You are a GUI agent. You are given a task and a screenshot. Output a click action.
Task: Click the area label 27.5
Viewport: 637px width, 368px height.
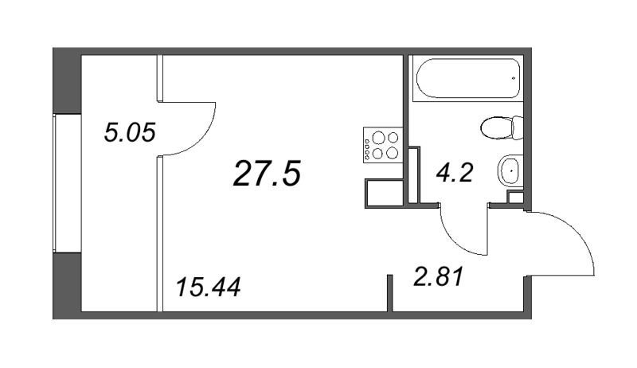pos(267,173)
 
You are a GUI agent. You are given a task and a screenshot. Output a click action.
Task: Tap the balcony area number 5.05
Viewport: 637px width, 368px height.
pos(130,133)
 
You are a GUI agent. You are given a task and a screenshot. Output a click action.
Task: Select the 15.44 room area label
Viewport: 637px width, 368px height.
pos(209,287)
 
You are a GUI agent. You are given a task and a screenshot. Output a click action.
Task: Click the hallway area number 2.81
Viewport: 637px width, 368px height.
pos(439,277)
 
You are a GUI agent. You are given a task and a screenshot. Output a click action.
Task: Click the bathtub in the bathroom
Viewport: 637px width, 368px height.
pos(468,78)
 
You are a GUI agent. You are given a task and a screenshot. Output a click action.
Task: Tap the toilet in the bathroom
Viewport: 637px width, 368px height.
pos(502,127)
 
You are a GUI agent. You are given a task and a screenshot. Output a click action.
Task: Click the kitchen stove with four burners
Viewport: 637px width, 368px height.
pos(383,145)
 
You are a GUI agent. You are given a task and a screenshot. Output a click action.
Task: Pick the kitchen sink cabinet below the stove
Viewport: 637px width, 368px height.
pos(385,194)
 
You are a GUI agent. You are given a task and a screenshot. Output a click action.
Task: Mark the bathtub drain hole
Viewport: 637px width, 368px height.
pos(514,78)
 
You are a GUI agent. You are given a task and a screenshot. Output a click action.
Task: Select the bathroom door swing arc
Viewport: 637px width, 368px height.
pos(457,241)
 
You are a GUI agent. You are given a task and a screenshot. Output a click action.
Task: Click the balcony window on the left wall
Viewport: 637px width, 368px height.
pos(67,182)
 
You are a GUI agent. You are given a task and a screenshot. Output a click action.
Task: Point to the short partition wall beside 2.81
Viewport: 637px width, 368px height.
pos(390,293)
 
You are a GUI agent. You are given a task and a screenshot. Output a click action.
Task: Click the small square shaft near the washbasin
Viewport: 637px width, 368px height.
pos(516,198)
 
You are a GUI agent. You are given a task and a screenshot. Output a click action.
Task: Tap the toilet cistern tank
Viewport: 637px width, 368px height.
pos(518,127)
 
